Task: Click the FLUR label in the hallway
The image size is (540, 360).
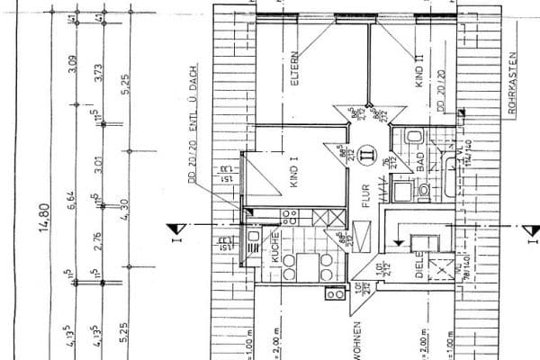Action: [364, 195]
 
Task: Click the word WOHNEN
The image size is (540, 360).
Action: [357, 338]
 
